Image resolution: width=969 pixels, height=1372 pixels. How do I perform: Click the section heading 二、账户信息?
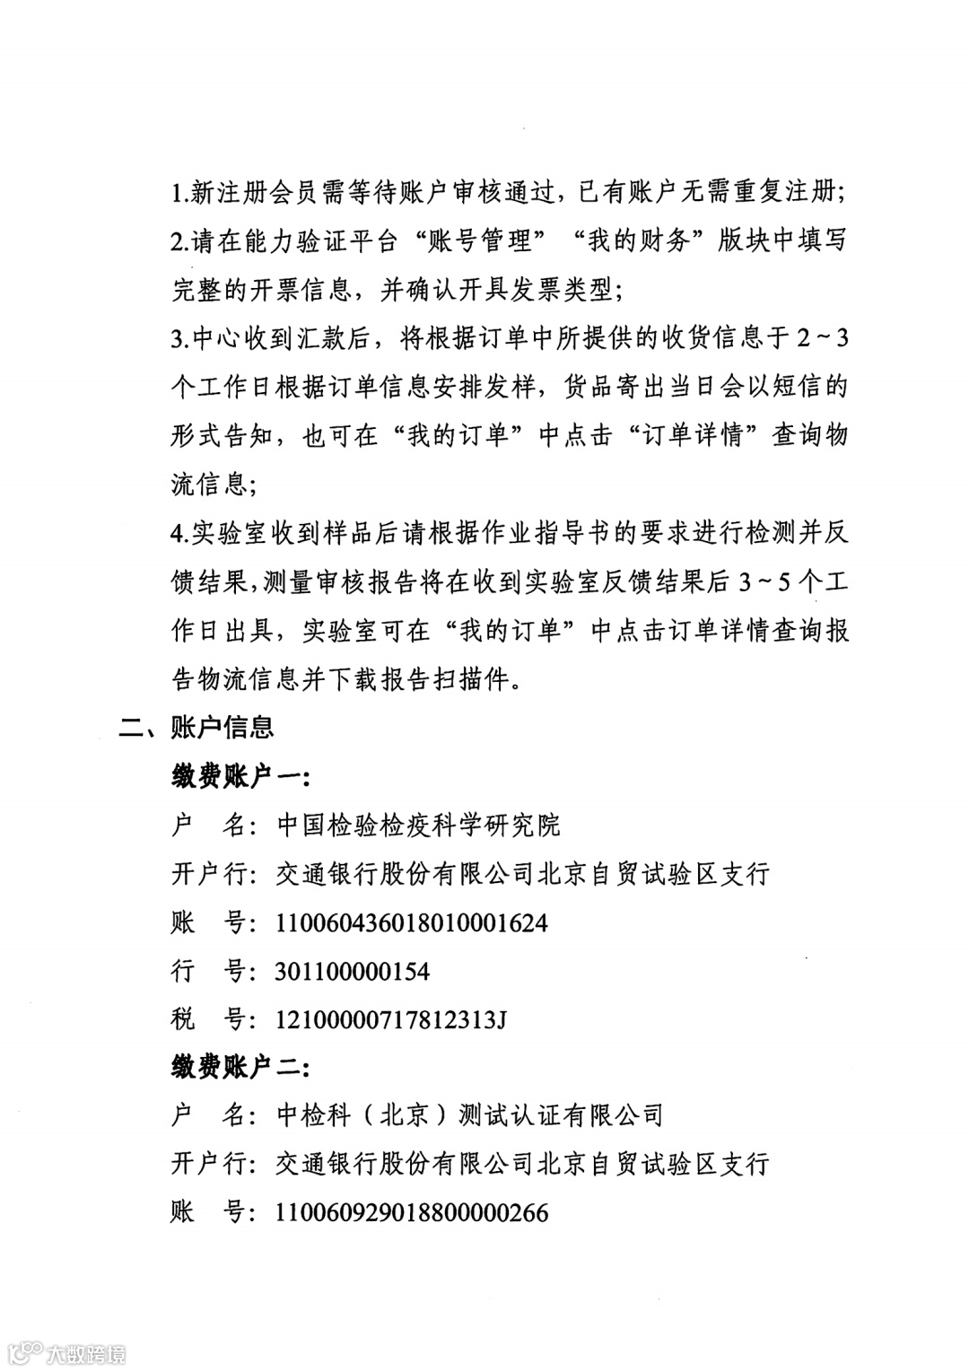click(196, 727)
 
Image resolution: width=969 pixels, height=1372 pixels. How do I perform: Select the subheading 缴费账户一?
click(240, 776)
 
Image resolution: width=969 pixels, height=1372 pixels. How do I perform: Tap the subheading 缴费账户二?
click(240, 1067)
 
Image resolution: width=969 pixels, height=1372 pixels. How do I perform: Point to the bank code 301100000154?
click(353, 971)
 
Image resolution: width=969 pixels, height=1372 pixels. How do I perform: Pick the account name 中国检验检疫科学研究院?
click(418, 825)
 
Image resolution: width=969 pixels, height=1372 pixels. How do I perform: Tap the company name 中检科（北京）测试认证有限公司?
click(470, 1115)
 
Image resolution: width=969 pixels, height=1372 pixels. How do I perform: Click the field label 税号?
click(207, 1019)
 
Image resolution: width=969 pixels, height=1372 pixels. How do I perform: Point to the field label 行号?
click(207, 971)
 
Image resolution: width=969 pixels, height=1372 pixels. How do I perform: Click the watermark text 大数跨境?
click(86, 1353)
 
